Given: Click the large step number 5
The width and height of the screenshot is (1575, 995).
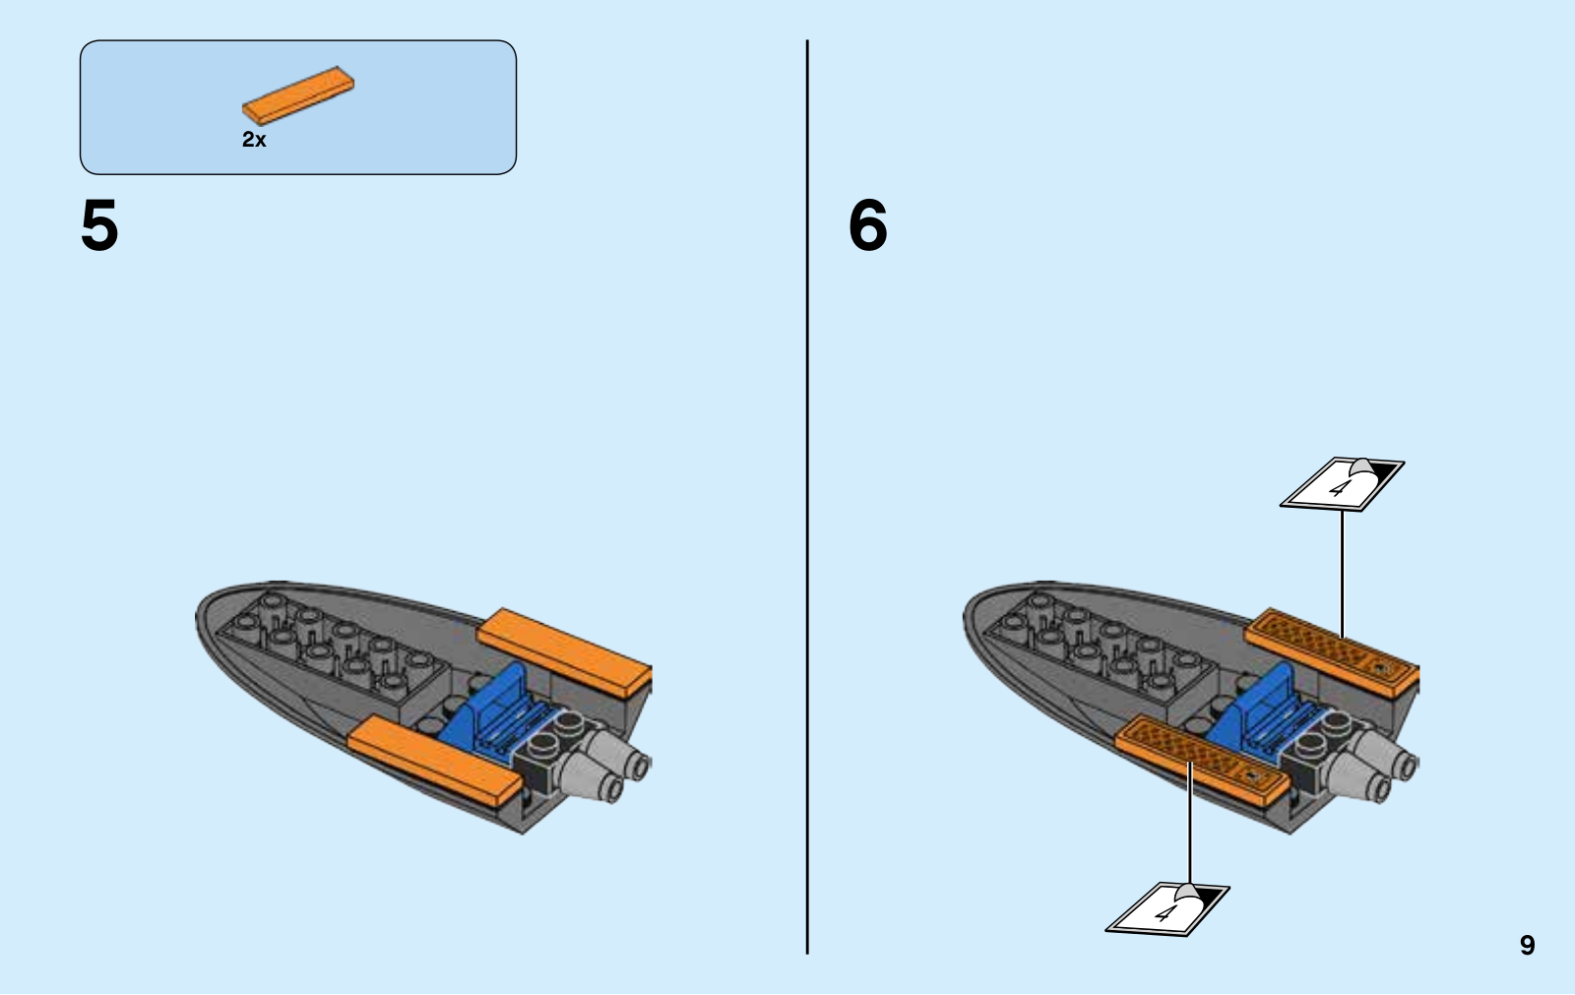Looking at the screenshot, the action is point(99,225).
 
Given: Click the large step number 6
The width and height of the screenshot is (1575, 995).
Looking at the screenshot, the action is point(867,225).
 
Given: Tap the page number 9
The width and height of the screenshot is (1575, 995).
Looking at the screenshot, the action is point(1527,945).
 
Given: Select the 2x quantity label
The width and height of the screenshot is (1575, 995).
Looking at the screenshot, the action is point(254,140).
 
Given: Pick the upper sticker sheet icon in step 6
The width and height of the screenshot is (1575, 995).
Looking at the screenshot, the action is point(1342,482).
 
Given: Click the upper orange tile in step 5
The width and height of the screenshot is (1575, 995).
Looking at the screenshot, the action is point(565,651).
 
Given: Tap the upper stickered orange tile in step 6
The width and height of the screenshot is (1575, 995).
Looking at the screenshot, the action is point(1332,651).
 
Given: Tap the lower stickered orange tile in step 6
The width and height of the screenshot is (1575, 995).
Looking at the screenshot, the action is point(1201,757).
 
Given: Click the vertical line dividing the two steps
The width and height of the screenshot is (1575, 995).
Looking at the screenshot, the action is point(807,492).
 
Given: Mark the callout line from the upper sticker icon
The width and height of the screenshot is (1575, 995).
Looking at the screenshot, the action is point(1342,571).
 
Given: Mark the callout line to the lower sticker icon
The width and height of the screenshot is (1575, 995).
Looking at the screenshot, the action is point(1189,827).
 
